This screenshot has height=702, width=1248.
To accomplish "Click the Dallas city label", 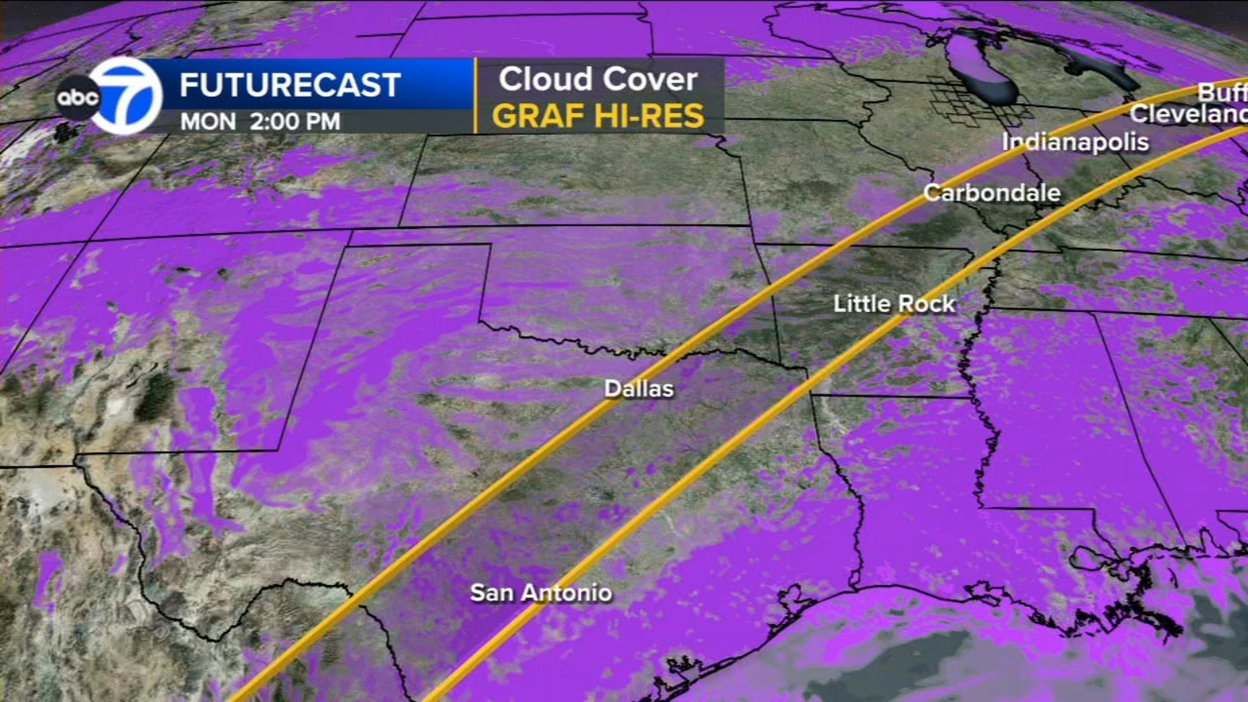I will [x=639, y=388].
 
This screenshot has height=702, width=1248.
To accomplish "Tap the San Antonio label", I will [x=541, y=593].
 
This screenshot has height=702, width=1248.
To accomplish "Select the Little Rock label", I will [x=894, y=303].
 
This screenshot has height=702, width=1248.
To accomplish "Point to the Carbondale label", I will [x=991, y=193].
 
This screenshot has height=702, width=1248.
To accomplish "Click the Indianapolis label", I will [x=1075, y=142].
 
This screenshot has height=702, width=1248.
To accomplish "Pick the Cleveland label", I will [x=1188, y=114].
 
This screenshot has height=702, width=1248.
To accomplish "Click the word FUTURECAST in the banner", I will [x=290, y=85].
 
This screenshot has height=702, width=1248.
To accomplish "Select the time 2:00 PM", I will [x=295, y=122].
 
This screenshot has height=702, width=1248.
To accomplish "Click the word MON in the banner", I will [x=207, y=122].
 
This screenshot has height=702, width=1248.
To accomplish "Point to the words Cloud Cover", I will [x=598, y=80].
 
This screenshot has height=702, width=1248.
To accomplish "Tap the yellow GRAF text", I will [x=537, y=116].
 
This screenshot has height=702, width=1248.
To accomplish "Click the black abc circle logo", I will [x=78, y=98].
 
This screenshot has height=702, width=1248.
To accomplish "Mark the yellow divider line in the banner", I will [x=475, y=95].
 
